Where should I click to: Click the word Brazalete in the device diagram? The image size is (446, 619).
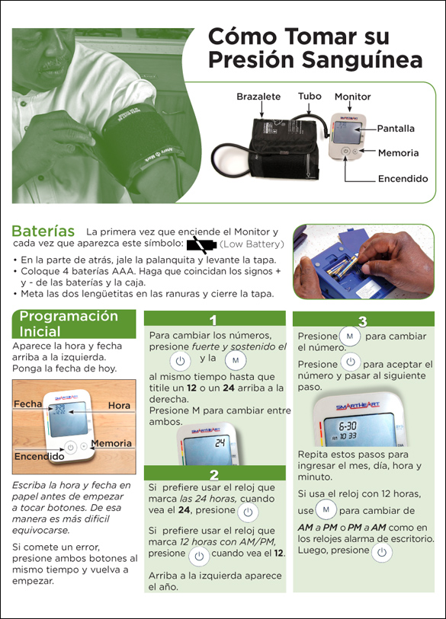tap(258, 97)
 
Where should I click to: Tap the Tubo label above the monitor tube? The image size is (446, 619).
tap(310, 96)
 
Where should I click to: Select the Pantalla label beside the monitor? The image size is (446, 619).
tap(396, 129)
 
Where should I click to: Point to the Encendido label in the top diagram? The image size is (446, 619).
tap(403, 178)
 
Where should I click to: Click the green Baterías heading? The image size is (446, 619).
tap(43, 231)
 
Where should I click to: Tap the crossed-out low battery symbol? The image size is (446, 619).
tap(201, 245)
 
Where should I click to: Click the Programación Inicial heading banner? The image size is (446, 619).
tap(74, 324)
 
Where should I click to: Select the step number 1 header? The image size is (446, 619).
tap(213, 320)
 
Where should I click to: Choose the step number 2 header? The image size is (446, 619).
tap(214, 474)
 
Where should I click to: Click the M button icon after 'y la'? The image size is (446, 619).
tap(236, 360)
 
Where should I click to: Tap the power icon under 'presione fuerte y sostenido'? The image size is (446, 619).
tap(180, 361)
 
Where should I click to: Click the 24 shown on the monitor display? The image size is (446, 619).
tap(220, 443)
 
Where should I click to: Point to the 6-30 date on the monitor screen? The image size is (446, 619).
tap(348, 426)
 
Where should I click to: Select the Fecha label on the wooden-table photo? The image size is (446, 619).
tap(27, 404)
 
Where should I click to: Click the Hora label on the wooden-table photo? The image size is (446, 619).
tap(119, 405)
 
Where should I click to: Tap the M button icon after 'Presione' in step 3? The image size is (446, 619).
tap(349, 337)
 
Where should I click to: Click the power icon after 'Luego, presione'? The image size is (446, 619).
tap(381, 552)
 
